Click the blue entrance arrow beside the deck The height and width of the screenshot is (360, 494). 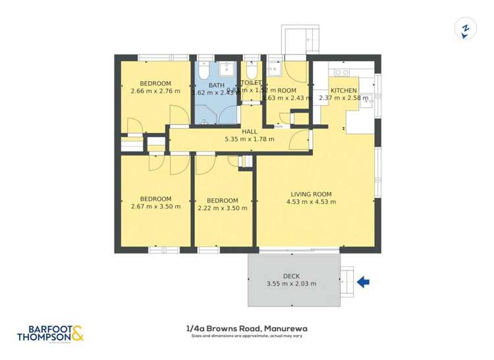pyautogui.click(x=363, y=282)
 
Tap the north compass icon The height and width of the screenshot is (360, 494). pyautogui.click(x=466, y=30)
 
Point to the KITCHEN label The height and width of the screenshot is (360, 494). pyautogui.click(x=344, y=91)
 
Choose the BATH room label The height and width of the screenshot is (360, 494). pyautogui.click(x=217, y=86)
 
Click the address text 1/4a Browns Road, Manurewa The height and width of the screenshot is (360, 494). pyautogui.click(x=248, y=328)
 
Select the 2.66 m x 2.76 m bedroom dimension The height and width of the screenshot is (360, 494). pyautogui.click(x=155, y=91)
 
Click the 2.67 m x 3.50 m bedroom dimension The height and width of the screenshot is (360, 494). pyautogui.click(x=155, y=207)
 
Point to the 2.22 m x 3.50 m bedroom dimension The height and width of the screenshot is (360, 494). pyautogui.click(x=222, y=209)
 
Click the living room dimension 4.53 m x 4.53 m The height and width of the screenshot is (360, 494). pyautogui.click(x=311, y=202)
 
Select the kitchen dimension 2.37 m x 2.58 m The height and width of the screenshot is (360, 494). pyautogui.click(x=344, y=99)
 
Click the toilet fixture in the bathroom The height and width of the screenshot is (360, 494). pyautogui.click(x=204, y=69)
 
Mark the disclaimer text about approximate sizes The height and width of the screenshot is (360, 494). pyautogui.click(x=248, y=336)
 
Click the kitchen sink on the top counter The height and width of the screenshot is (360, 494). pyautogui.click(x=341, y=72)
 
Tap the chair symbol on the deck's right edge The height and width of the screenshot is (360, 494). pyautogui.click(x=347, y=282)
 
